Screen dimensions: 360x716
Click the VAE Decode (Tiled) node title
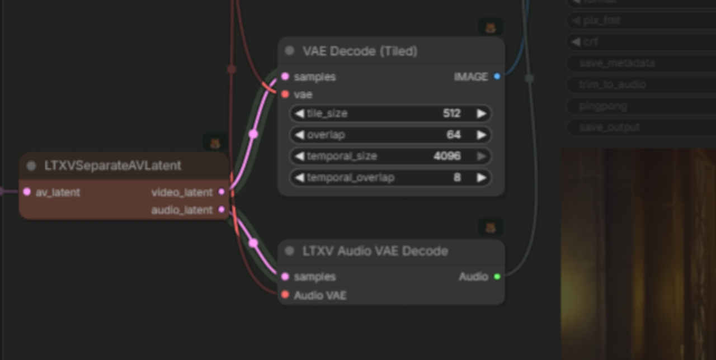[360, 51]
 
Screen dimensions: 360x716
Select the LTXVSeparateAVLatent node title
[112, 166]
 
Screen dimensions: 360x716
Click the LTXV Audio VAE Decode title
[375, 251]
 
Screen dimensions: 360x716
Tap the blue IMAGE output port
[497, 77]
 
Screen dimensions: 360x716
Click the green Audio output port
[497, 277]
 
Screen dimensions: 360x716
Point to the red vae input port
[285, 94]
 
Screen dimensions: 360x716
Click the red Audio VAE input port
[285, 295]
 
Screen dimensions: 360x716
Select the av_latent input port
[27, 192]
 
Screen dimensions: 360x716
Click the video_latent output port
[222, 192]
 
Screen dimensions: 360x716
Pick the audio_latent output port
[222, 210]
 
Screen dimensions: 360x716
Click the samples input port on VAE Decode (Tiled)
[285, 77]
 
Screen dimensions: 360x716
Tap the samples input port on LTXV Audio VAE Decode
[285, 277]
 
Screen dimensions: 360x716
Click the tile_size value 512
[451, 113]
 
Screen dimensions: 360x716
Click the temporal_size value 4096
[447, 156]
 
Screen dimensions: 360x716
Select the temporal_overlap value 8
[457, 178]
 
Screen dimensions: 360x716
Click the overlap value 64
[453, 135]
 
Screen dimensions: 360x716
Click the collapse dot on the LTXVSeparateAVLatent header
[31, 166]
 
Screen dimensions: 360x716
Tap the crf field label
[590, 42]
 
